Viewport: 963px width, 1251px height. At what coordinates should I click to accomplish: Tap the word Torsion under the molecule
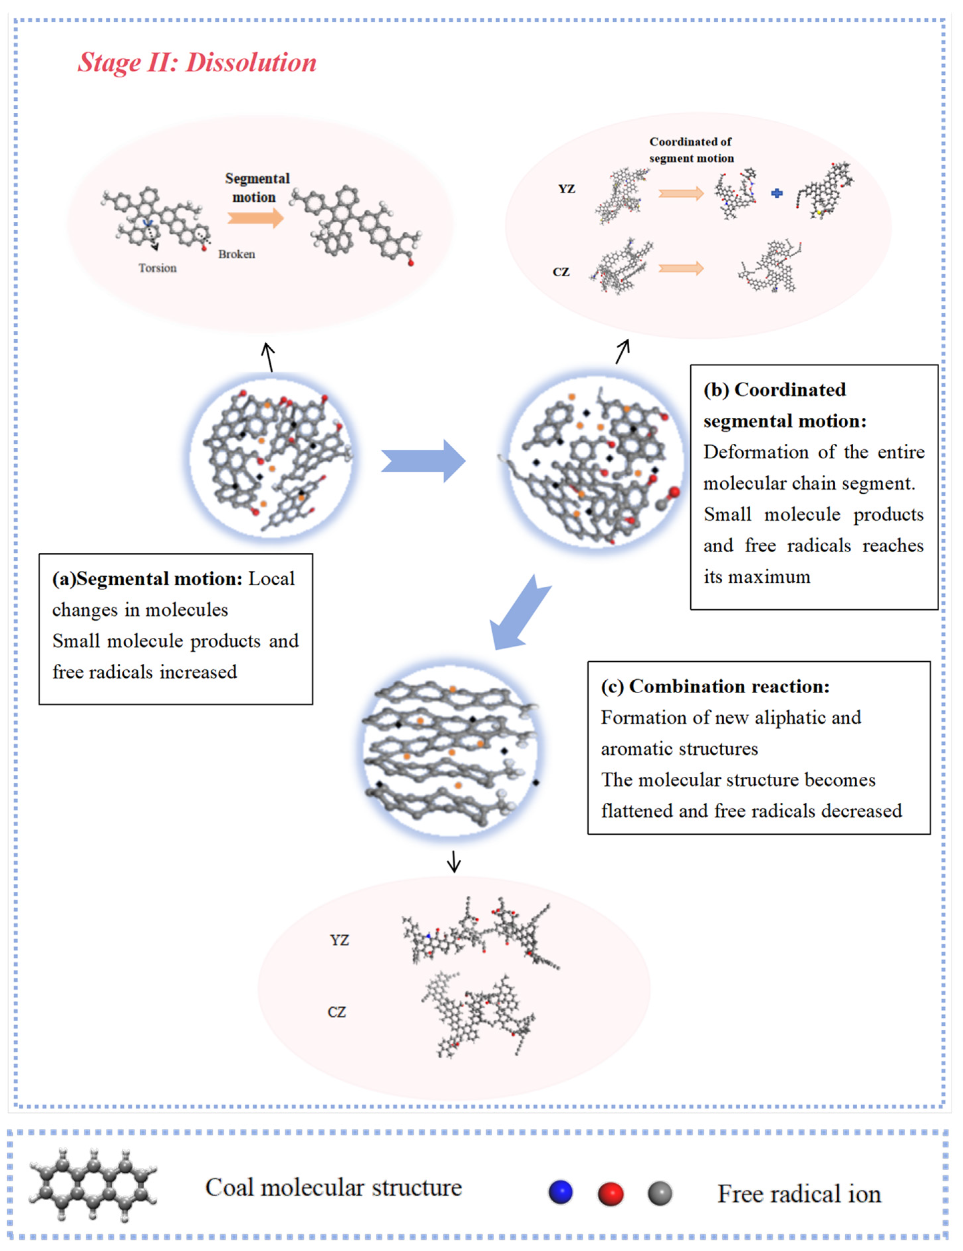pyautogui.click(x=158, y=268)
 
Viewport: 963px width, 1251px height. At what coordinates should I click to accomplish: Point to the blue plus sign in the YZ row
pyautogui.click(x=777, y=194)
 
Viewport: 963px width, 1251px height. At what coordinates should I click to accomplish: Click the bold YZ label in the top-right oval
pyautogui.click(x=566, y=189)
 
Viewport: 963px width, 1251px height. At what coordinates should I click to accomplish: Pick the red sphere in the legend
pyautogui.click(x=610, y=1194)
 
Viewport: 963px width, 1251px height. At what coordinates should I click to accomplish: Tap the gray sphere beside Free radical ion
pyautogui.click(x=660, y=1194)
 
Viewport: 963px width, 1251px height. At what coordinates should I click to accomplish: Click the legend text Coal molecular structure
pyautogui.click(x=333, y=1188)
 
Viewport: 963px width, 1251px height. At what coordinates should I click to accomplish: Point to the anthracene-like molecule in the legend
pyautogui.click(x=93, y=1184)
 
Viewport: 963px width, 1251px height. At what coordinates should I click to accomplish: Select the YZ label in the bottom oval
pyautogui.click(x=339, y=940)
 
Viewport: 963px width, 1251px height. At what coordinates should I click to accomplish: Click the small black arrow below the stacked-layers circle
pyautogui.click(x=454, y=860)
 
